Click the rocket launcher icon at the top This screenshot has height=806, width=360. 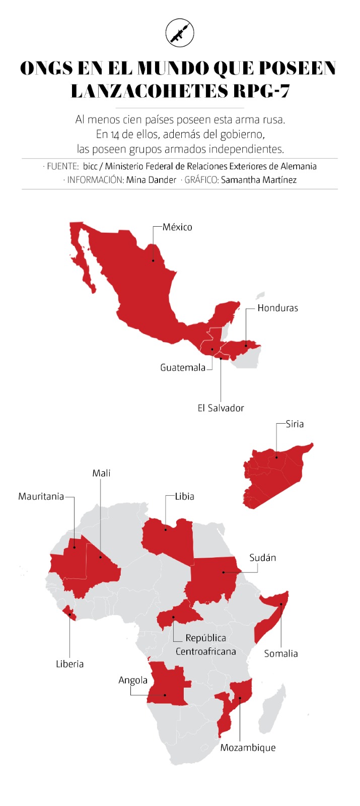pos(180,33)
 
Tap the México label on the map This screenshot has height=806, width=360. pos(177,227)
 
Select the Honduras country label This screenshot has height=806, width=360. pos(277,308)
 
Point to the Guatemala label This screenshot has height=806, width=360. pos(183,367)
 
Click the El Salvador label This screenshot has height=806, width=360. pos(221,408)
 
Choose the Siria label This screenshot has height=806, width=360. pos(295,424)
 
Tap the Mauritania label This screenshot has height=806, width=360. pos(41,496)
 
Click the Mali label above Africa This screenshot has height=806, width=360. pos(101,473)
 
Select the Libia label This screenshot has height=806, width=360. pos(185,496)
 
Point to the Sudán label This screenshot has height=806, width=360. pos(263,558)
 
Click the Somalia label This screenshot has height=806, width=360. pos(281,653)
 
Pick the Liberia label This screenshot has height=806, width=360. pos(70,664)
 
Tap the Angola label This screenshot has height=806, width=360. pos(133,680)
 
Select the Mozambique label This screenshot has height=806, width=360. pos(248,748)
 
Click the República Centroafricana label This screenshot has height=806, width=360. pos(205,644)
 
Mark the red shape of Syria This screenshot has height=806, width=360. pos(277,474)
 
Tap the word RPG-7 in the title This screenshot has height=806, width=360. pos(261,91)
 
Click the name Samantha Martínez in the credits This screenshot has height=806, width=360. pos(258,180)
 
